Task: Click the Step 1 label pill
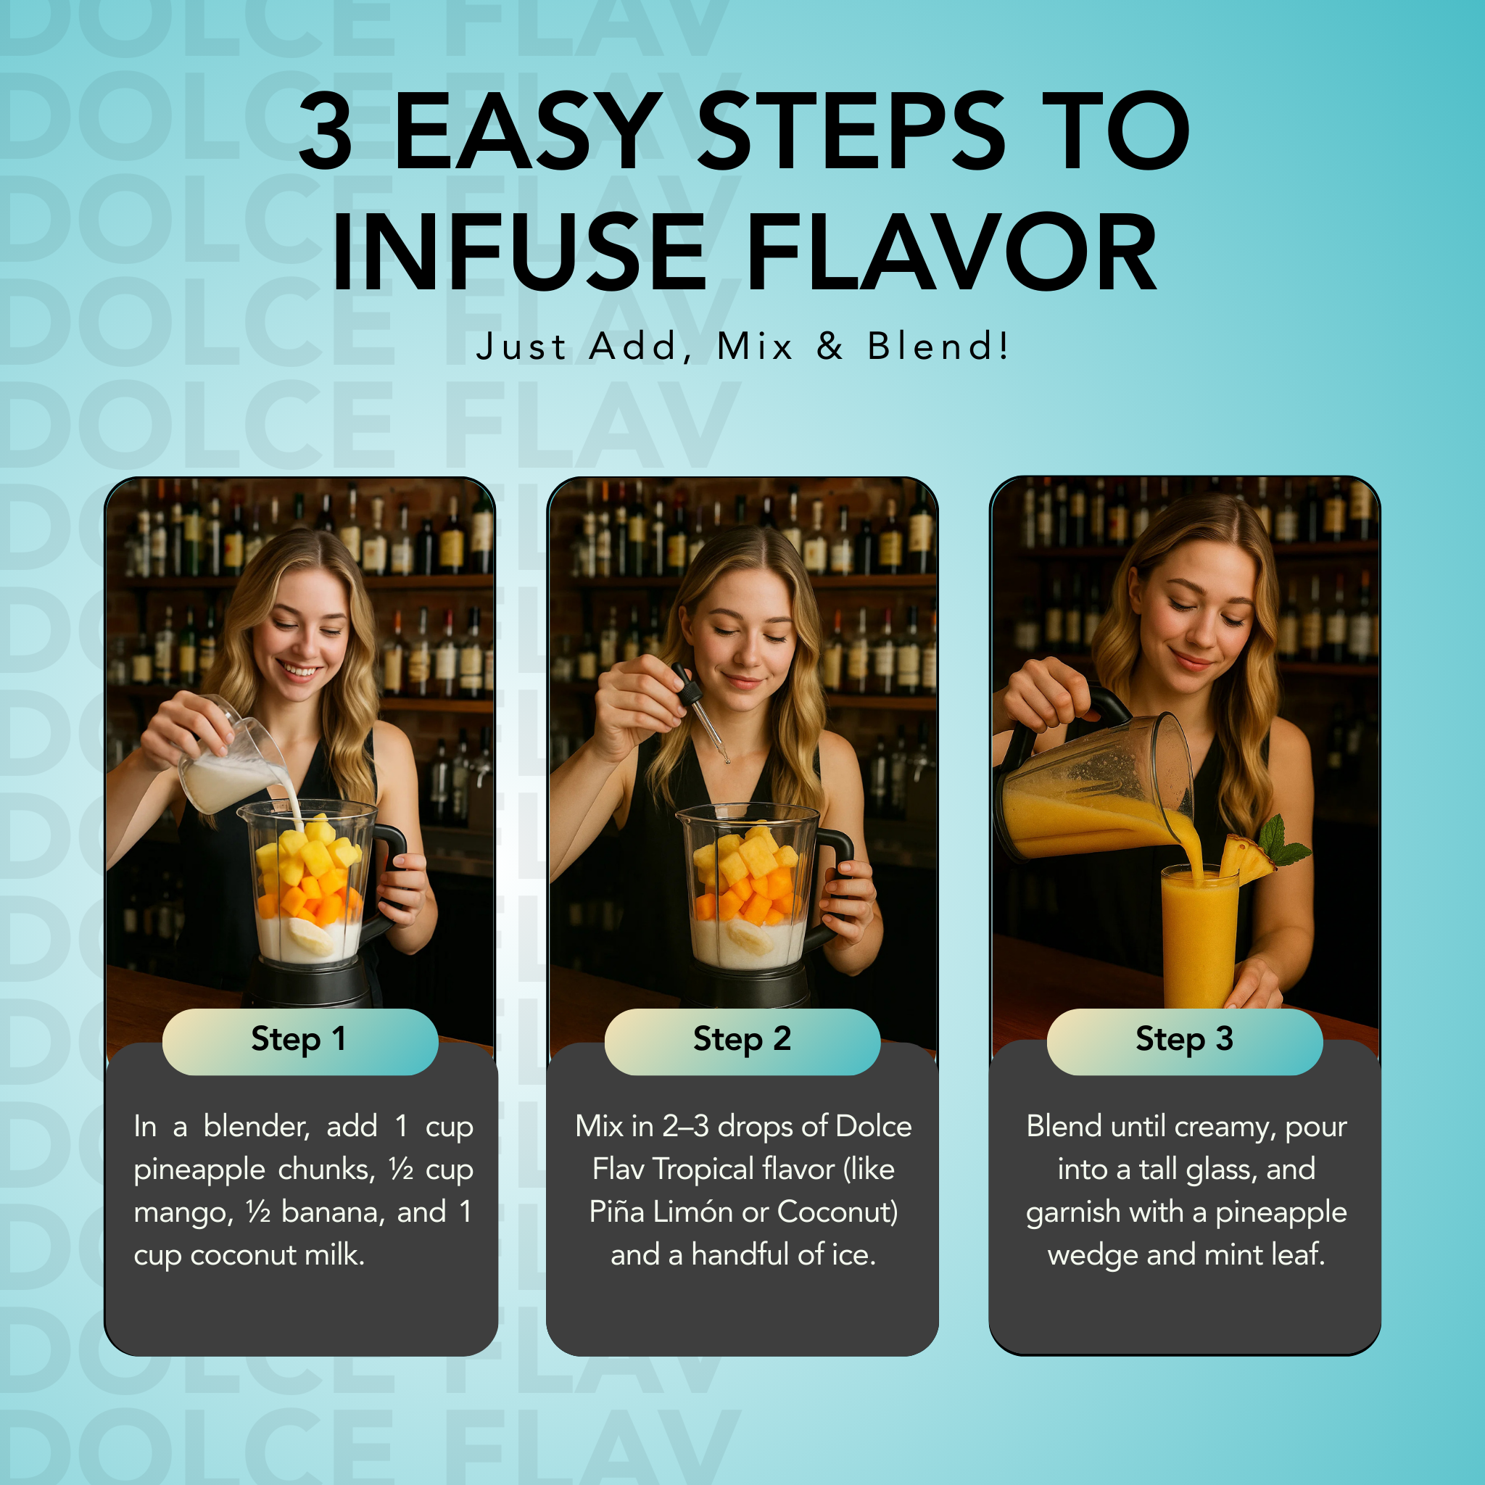(299, 1041)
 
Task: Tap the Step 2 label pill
(742, 1041)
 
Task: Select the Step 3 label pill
(1185, 1041)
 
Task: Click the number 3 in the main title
(326, 131)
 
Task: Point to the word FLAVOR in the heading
(951, 252)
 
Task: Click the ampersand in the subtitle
(830, 346)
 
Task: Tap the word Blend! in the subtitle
(938, 346)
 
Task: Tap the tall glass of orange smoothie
(1199, 935)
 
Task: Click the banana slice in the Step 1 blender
(310, 936)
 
